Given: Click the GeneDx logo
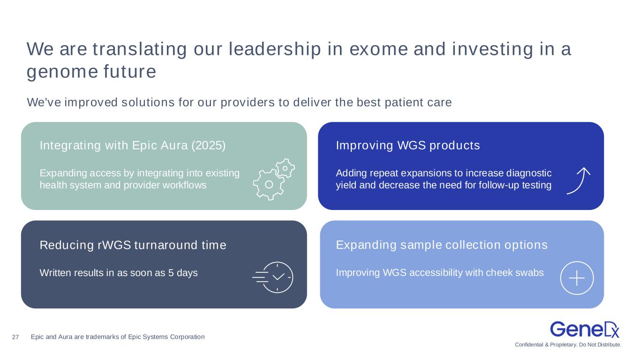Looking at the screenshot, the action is coord(585,330).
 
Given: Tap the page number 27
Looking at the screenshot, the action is coord(15,337).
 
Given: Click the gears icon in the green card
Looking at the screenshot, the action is coord(274,179).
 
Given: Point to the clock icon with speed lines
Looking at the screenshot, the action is coord(273,277).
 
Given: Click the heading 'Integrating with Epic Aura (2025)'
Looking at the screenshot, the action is coord(133,145).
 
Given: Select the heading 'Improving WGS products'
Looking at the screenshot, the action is coord(408,145).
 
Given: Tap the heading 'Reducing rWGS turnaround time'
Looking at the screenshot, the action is coord(133,245).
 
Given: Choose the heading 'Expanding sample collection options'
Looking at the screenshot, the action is coord(442,245).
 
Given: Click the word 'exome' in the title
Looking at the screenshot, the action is coord(378,49).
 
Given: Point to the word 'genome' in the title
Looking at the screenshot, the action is coord(62,72).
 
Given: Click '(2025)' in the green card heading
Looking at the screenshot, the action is coord(208,145).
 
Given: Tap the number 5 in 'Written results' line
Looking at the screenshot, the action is coord(171,273).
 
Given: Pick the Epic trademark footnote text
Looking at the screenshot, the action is coord(118,337).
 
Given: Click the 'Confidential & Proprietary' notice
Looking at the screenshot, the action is coord(568,345).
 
